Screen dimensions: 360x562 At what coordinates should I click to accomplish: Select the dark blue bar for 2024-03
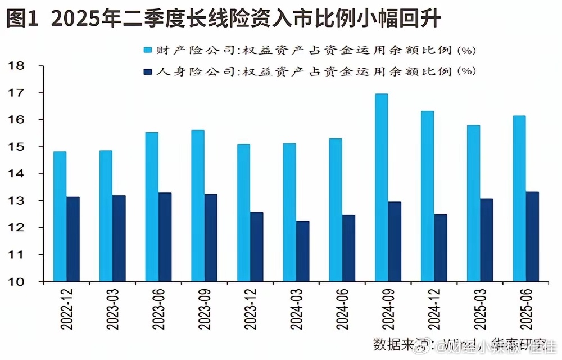303,251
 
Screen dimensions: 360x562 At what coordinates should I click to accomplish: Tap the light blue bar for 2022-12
60,217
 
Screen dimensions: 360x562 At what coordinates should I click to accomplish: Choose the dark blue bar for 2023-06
165,237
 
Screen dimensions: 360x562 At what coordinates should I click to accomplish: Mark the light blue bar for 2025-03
473,203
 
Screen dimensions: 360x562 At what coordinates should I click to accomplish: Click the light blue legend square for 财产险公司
149,50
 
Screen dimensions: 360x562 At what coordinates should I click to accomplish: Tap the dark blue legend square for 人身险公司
149,71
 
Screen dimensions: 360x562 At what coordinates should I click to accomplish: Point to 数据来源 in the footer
397,344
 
